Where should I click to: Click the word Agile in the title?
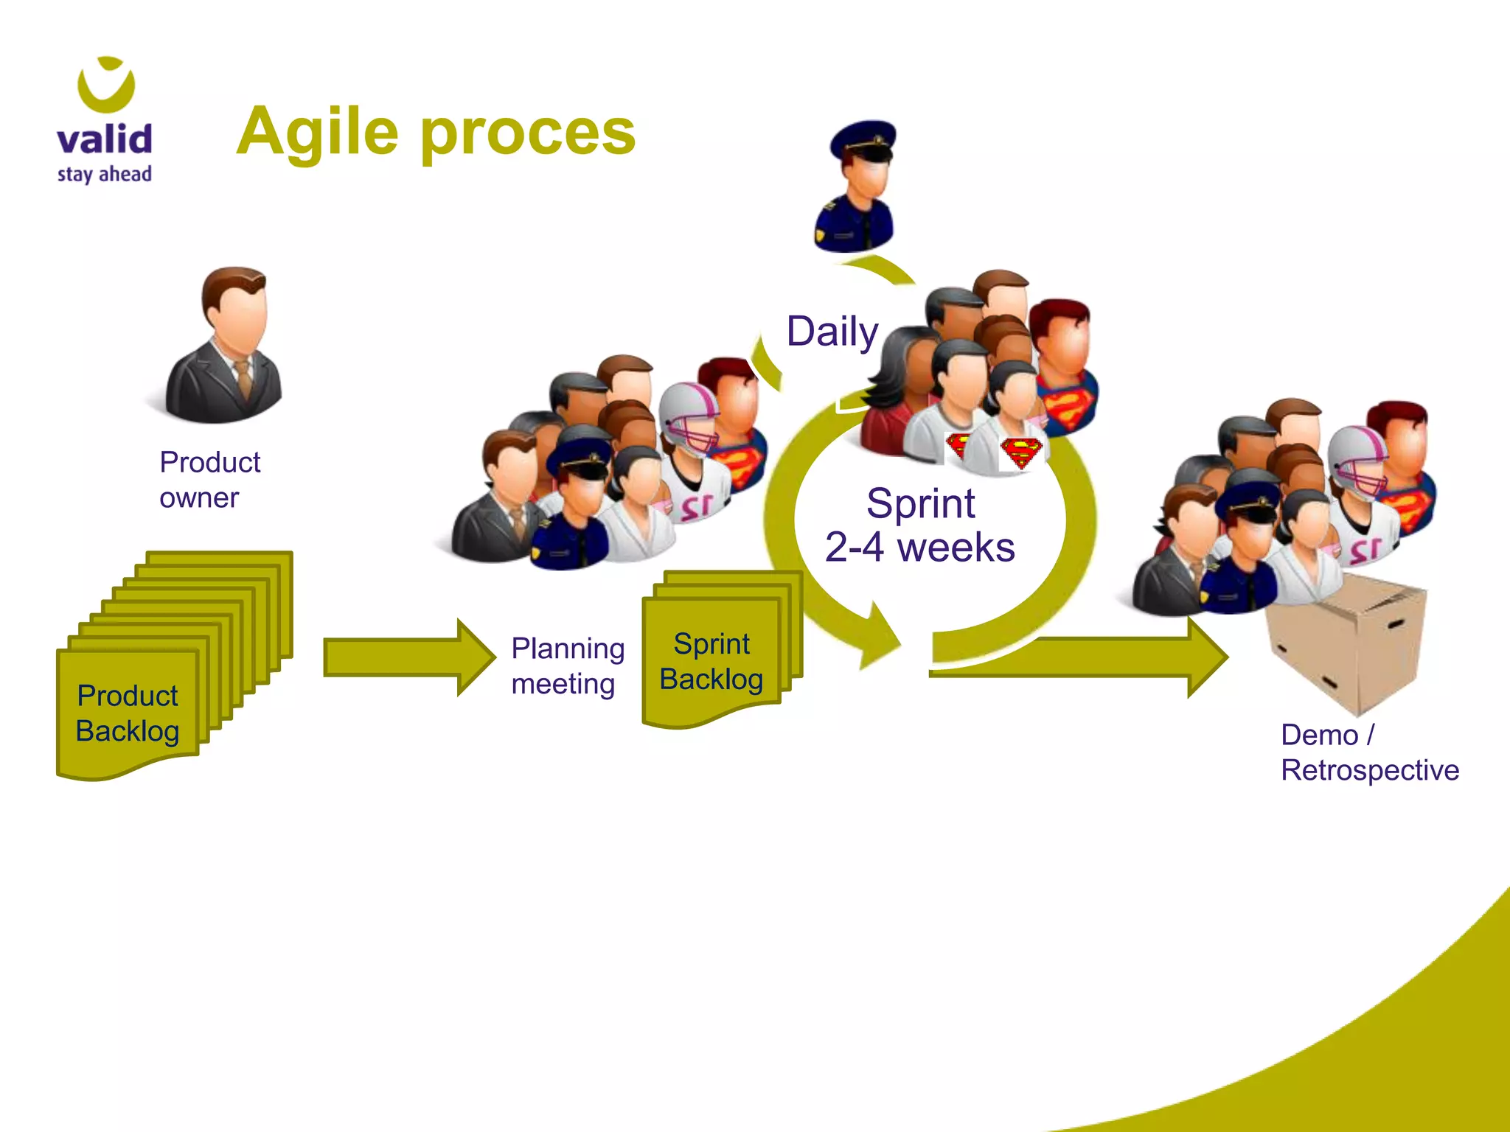[x=318, y=133]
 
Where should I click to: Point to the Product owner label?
[x=209, y=480]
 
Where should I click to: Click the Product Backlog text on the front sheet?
[x=128, y=713]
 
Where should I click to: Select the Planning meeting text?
[x=567, y=666]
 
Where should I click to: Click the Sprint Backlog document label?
[x=711, y=661]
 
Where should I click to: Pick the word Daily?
[x=832, y=332]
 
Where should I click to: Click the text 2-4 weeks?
[x=919, y=548]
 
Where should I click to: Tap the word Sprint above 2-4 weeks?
[x=920, y=504]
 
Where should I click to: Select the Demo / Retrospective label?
[x=1369, y=752]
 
